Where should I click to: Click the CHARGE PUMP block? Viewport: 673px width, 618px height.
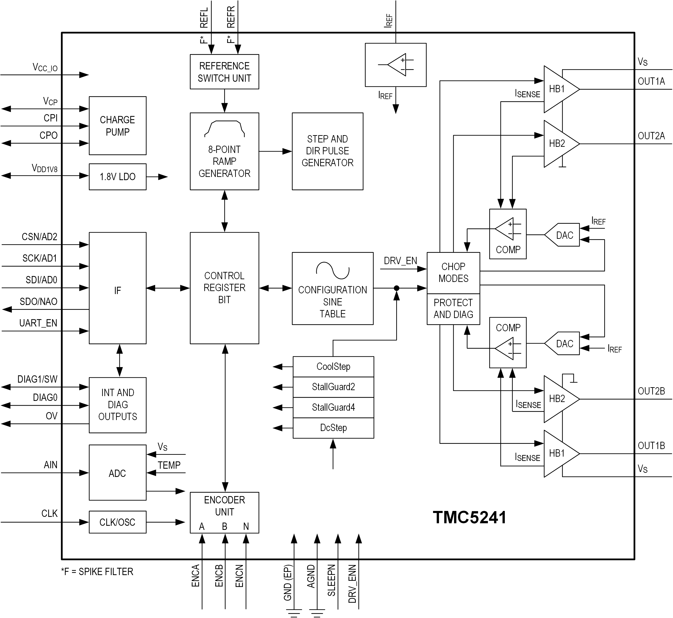(117, 126)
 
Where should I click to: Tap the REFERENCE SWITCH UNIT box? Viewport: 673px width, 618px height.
(224, 72)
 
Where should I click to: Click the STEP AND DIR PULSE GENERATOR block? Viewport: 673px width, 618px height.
(327, 151)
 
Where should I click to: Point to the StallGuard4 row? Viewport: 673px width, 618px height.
(333, 407)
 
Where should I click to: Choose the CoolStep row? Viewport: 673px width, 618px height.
(333, 366)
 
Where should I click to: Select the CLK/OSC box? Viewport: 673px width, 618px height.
(117, 522)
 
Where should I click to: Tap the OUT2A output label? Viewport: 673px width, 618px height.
(651, 136)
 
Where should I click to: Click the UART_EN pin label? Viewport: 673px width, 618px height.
(38, 323)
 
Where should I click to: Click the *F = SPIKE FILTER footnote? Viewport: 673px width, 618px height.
(97, 571)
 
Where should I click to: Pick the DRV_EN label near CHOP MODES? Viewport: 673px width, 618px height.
(400, 261)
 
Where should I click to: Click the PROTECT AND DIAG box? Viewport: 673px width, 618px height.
(453, 309)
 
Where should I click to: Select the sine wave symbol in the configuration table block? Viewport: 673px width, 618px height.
(333, 270)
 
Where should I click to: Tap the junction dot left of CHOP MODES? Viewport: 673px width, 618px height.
(396, 288)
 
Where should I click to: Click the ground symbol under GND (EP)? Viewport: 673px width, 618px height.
(294, 613)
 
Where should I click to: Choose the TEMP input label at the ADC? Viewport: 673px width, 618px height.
(169, 465)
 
